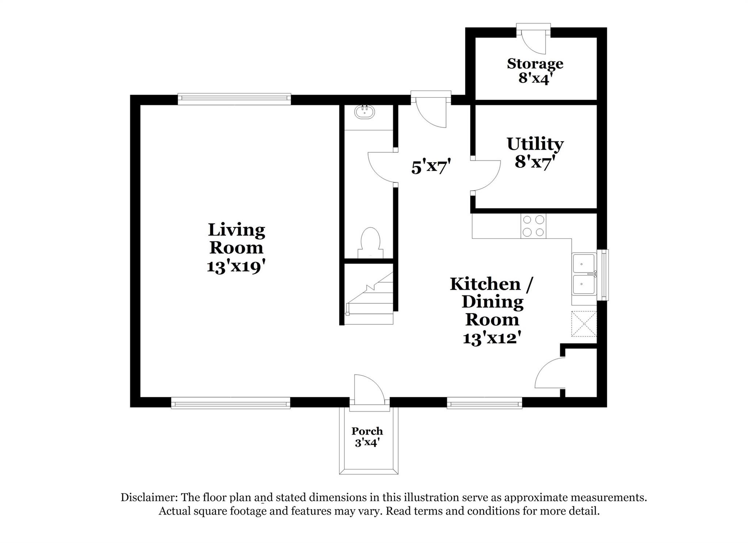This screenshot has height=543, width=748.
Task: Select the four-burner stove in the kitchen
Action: pos(533,226)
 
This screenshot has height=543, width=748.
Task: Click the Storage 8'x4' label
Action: pos(535,71)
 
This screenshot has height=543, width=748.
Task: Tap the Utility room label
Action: pos(535,144)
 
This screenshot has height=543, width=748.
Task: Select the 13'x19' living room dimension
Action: pos(236,267)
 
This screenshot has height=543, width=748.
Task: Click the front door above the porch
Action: pos(369,389)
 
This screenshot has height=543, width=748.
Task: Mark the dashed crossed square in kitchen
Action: pos(584,323)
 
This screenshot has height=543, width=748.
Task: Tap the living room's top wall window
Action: pos(234,99)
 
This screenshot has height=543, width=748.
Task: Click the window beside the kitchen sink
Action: pos(603,275)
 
